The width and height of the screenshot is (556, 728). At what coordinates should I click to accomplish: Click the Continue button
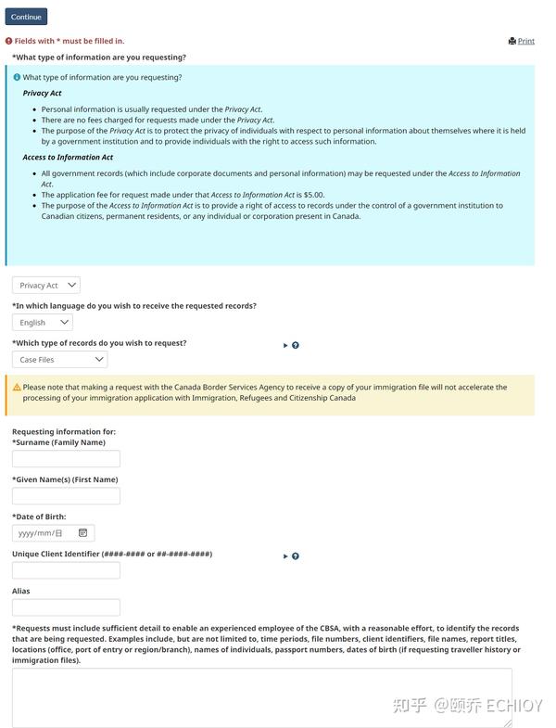tap(26, 17)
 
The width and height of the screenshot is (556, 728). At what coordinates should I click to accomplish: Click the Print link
tap(522, 41)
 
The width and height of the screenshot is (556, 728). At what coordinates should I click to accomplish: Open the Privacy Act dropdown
tap(46, 286)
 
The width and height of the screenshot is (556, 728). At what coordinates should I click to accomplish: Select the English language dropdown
tap(43, 323)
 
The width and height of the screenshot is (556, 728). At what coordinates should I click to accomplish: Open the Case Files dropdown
tap(59, 360)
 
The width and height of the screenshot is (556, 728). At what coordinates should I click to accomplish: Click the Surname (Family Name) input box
tap(66, 459)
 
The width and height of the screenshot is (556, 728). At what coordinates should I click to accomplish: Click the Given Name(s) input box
tap(66, 496)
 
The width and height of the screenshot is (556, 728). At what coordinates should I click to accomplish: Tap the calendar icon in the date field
tap(82, 533)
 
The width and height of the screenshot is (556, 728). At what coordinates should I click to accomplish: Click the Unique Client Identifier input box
tap(66, 570)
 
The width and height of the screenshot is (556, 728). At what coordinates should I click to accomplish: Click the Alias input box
tap(66, 607)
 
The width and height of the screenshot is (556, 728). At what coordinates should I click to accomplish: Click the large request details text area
tap(262, 697)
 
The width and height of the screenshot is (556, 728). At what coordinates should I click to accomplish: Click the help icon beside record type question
tap(296, 345)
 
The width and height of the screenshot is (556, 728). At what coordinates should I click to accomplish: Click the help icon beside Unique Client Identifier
tap(296, 556)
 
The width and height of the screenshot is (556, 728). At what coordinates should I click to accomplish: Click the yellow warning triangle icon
tap(17, 388)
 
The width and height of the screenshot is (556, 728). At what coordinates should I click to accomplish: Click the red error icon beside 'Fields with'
tap(9, 41)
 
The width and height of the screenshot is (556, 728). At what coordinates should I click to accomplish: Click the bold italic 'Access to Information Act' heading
tap(68, 158)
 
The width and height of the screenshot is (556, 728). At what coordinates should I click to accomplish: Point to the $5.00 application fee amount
tap(311, 195)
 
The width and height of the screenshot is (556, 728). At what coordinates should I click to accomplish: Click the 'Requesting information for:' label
tap(64, 431)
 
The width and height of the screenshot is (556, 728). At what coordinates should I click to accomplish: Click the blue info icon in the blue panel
tap(17, 78)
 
